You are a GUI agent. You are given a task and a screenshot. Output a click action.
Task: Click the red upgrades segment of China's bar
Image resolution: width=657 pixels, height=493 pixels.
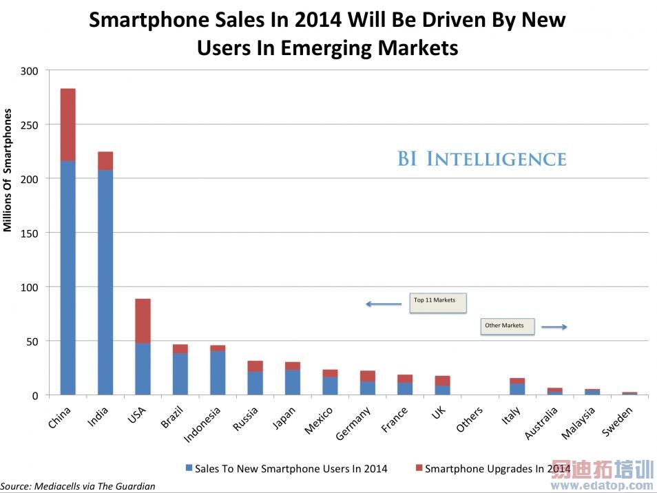[68, 125]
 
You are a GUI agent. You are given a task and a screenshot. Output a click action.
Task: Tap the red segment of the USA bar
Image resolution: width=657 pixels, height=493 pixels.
[143, 321]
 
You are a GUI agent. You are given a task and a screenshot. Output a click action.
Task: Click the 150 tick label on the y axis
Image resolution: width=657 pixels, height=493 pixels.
[30, 233]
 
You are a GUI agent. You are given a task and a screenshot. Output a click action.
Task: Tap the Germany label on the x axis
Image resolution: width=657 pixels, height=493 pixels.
[354, 423]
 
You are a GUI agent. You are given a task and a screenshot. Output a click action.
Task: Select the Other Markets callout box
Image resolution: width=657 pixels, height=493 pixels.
[507, 326]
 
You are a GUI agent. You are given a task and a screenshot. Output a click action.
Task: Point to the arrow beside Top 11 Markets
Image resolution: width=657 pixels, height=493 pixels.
[383, 304]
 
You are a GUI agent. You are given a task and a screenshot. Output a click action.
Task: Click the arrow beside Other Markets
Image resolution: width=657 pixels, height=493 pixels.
[554, 327]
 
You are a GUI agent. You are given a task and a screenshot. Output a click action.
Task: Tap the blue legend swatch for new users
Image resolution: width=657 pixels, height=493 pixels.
[189, 468]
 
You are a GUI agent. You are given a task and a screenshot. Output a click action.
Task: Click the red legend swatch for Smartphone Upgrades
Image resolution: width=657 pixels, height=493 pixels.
[419, 468]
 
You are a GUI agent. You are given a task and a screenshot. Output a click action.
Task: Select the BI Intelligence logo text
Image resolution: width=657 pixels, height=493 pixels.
[481, 159]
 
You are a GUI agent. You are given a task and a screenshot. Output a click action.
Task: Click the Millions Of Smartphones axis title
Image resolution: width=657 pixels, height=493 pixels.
[8, 169]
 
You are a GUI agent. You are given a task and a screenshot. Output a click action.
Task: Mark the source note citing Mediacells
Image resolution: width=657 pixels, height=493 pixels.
[78, 486]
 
